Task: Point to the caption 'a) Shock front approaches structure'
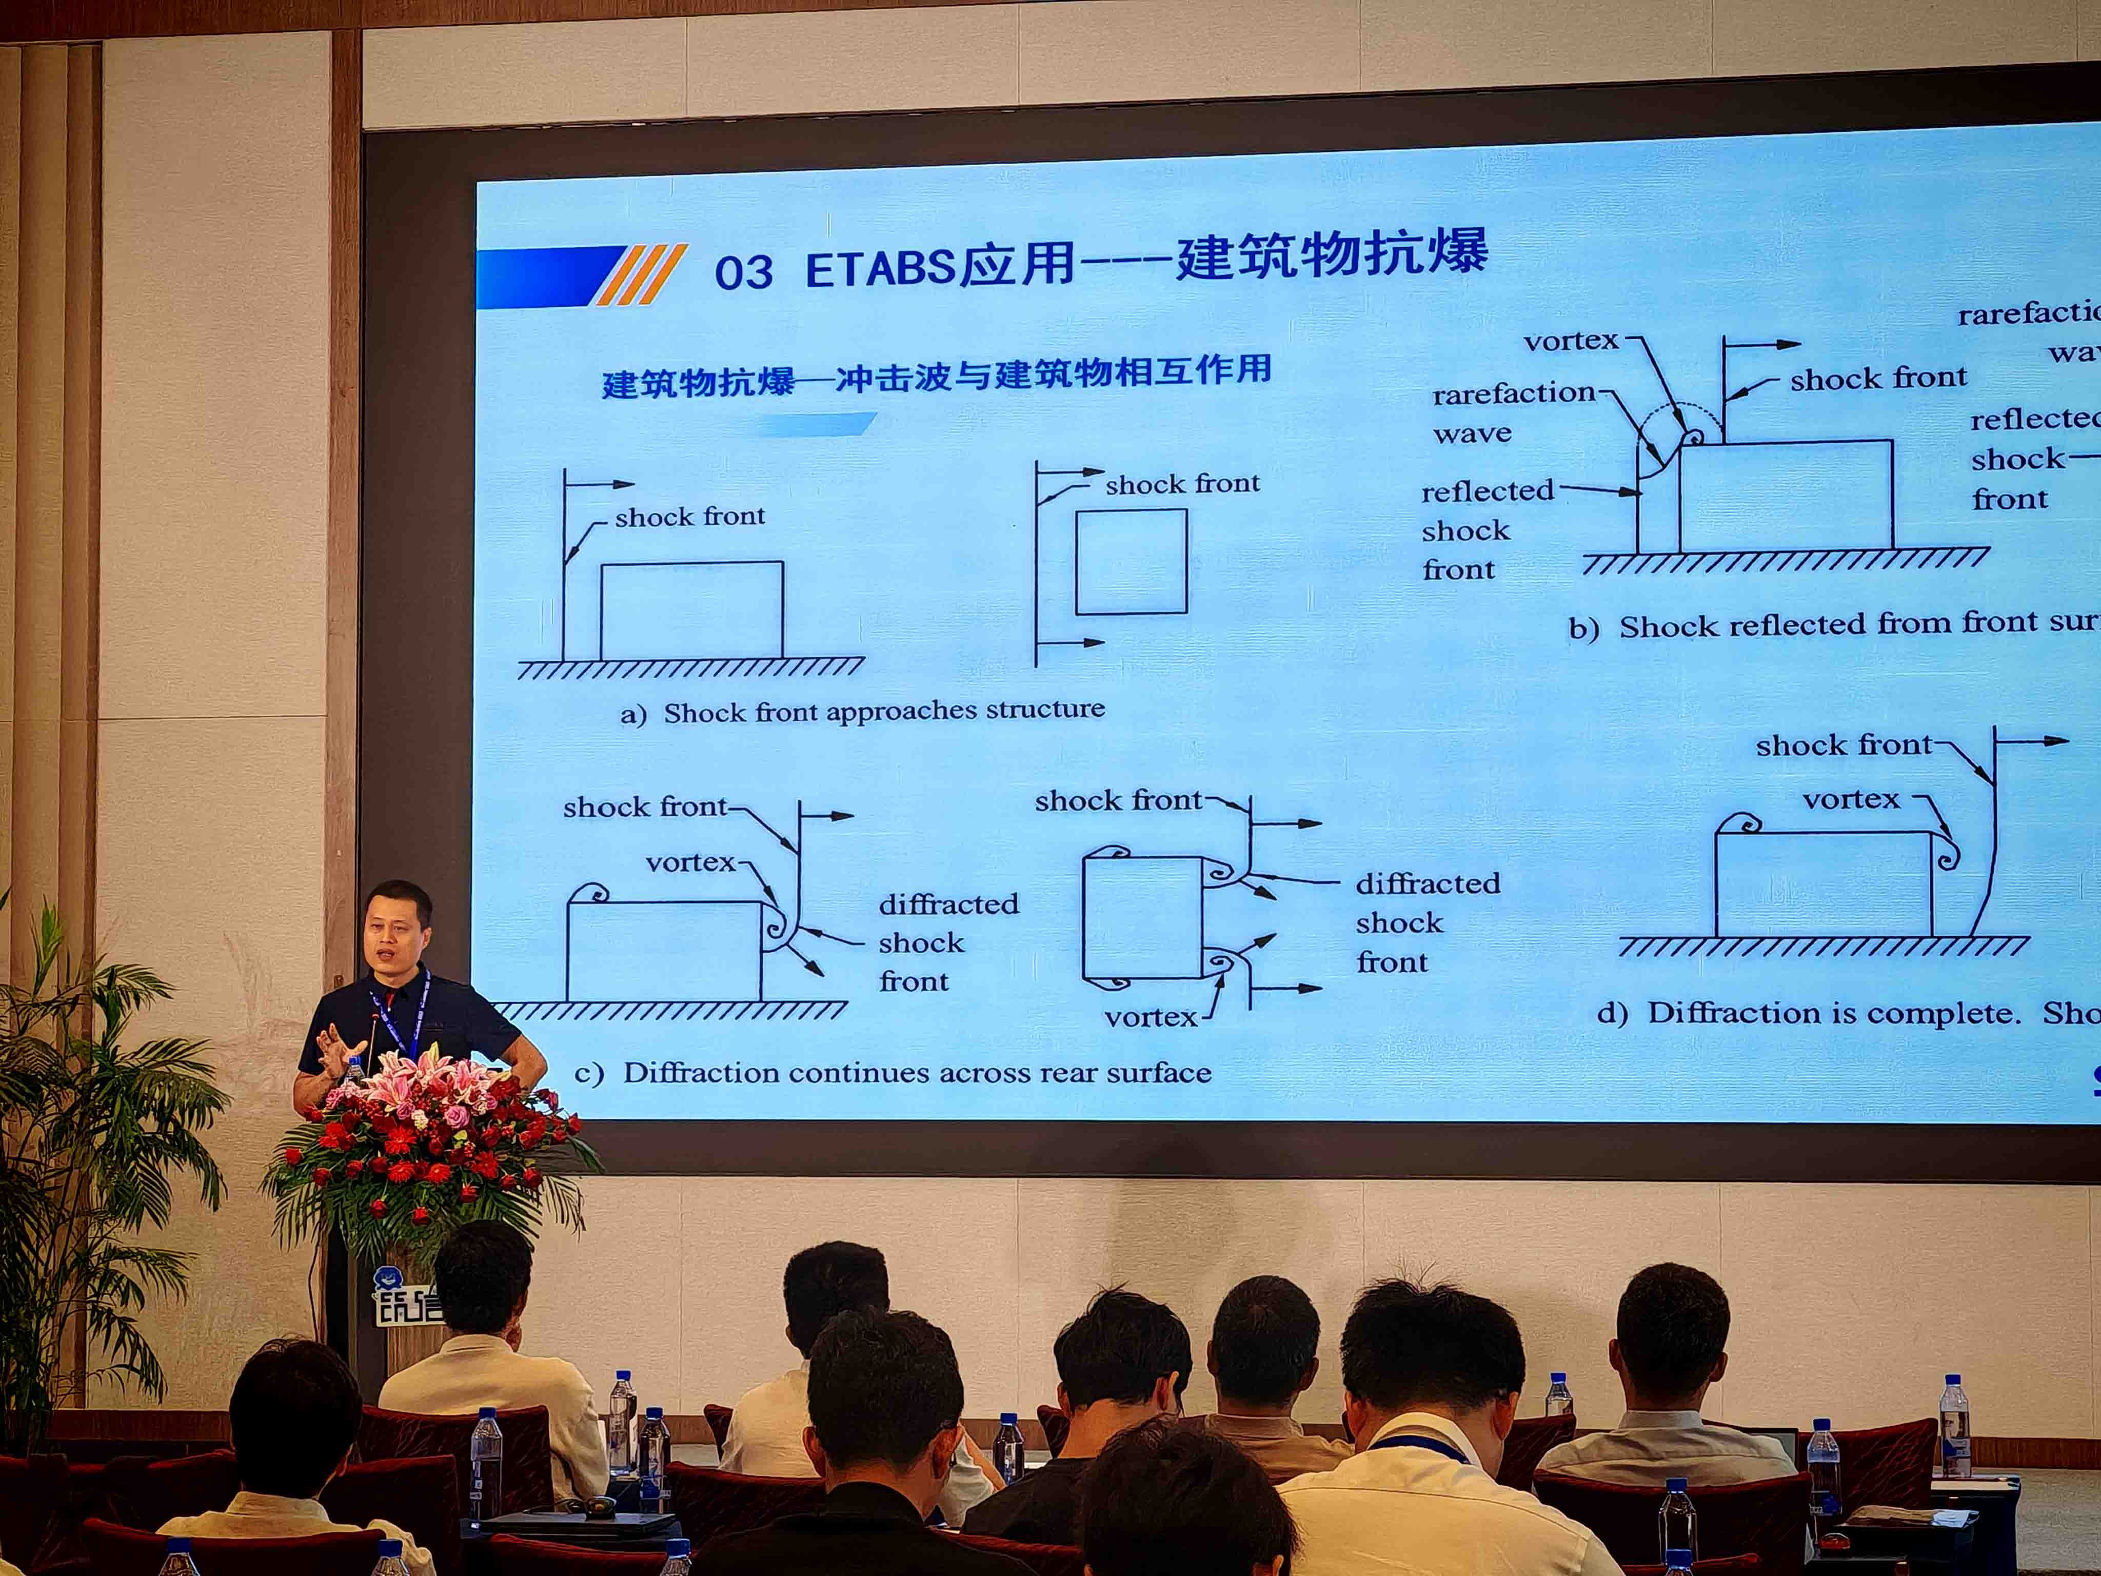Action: (x=862, y=713)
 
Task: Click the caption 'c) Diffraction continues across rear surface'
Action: (x=893, y=1073)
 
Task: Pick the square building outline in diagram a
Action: (x=1131, y=561)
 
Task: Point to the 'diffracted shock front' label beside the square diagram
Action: (x=1426, y=922)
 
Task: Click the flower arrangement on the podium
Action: (x=427, y=1150)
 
